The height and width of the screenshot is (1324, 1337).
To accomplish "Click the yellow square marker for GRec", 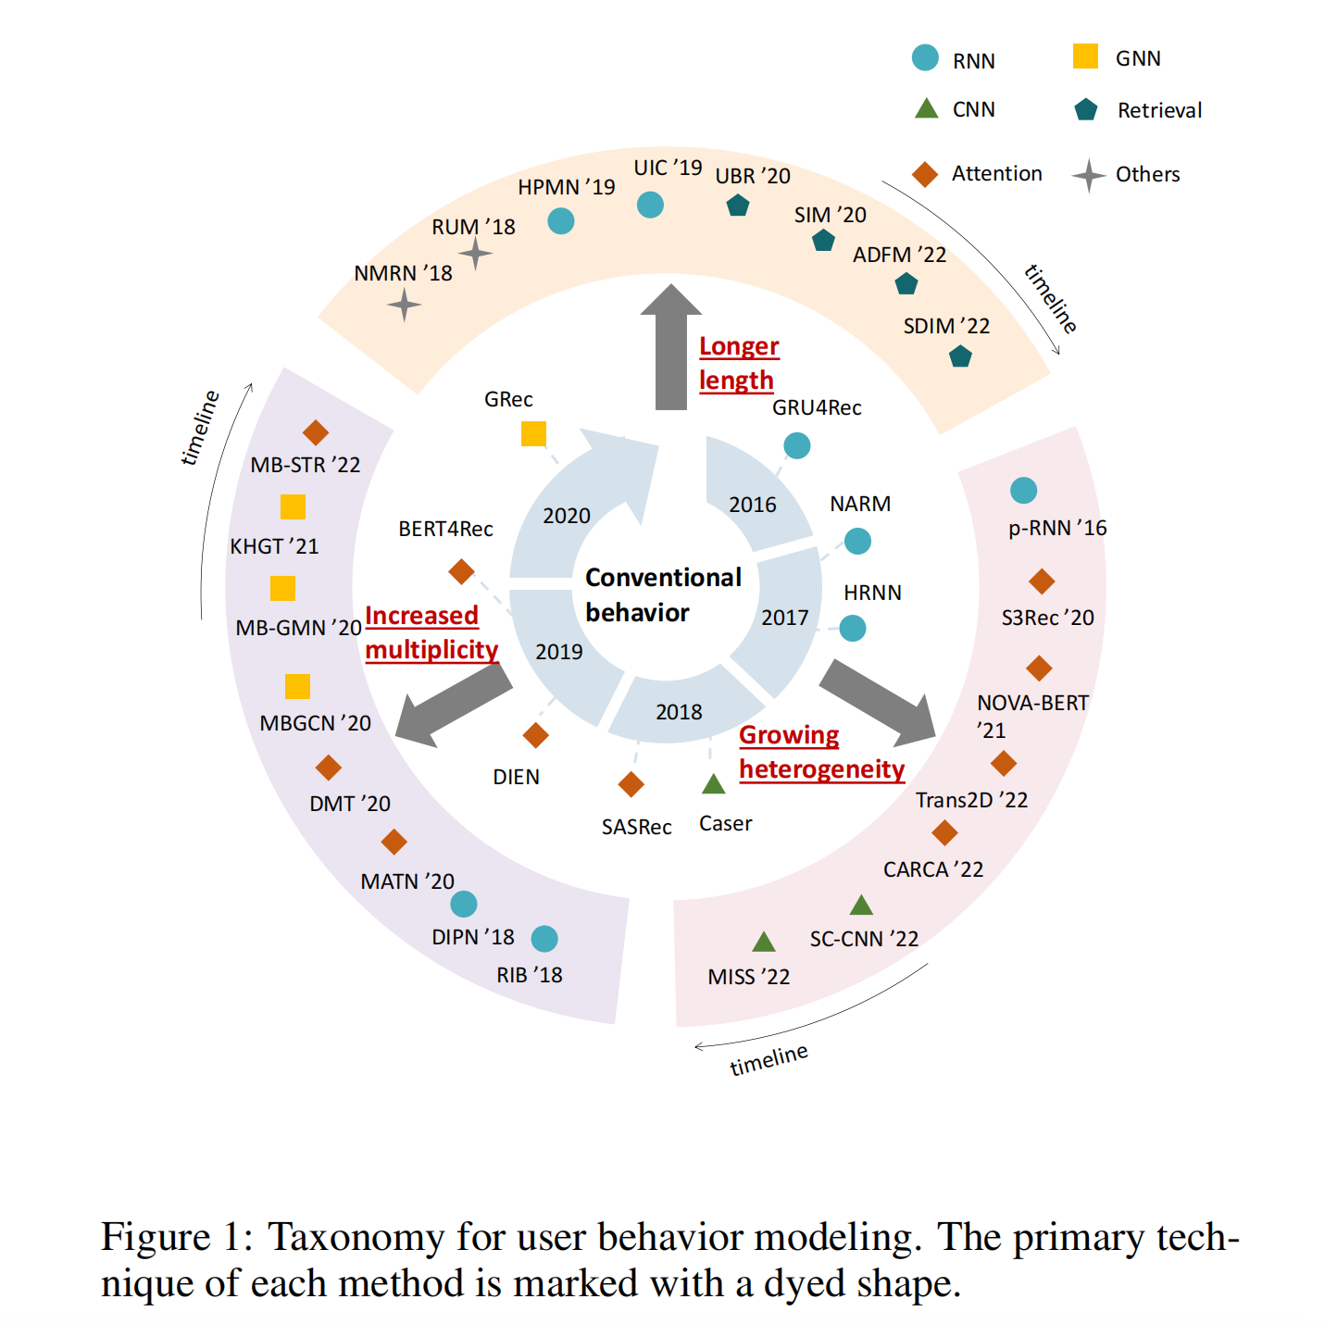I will pos(533,433).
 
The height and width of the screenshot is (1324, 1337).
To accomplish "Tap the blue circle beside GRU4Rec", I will pos(796,446).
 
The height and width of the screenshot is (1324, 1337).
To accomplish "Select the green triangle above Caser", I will pos(713,784).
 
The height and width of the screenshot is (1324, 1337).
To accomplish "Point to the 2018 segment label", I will pos(679,712).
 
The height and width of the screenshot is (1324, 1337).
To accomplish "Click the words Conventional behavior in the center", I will pos(663,594).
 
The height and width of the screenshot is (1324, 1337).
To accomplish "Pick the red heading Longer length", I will pos(738,363).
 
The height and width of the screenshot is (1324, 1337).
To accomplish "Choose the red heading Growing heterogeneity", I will pos(820,752).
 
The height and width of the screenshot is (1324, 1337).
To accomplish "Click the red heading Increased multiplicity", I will pos(431,632).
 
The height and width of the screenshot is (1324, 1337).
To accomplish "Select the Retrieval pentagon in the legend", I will pos(1085,110).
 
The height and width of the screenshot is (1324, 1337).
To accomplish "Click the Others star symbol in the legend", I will pos(1089,175).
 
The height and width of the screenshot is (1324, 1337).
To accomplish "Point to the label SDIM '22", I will pos(946,326).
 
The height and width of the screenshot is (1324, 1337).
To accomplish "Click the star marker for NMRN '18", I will pos(404,305).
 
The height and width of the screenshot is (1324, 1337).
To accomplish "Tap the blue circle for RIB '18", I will pos(544,939).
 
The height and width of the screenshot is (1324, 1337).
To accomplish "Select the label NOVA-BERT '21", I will pos(1031,715).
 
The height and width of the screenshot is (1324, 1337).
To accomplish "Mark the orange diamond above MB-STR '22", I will pos(316,432).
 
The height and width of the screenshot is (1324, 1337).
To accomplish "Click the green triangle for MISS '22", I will pos(764,943).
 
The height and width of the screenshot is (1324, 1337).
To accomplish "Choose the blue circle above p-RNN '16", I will pos(1023,491).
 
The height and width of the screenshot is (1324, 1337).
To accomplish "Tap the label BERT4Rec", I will pos(445,529).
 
